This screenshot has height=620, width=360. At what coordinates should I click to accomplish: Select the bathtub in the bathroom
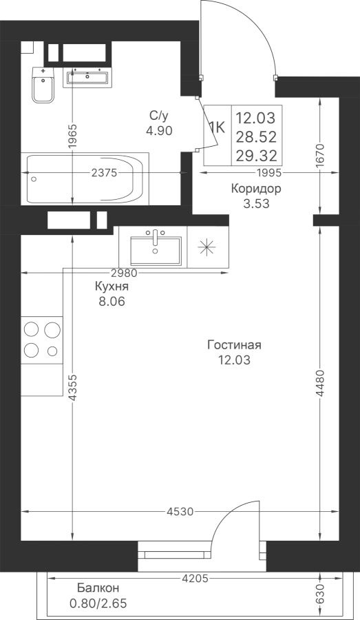(x=85, y=179)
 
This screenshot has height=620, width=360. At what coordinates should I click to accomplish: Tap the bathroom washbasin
(x=87, y=77)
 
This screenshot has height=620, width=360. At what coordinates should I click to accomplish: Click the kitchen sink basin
(x=156, y=250)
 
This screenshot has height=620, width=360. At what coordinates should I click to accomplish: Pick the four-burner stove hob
(x=42, y=340)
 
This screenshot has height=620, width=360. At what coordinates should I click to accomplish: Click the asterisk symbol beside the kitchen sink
(x=207, y=248)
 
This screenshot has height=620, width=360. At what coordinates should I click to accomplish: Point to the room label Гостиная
(x=234, y=345)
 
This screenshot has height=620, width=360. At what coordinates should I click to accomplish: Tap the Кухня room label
(x=112, y=287)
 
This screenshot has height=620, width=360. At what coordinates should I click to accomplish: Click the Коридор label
(x=256, y=189)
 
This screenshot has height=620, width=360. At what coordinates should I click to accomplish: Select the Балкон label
(x=98, y=588)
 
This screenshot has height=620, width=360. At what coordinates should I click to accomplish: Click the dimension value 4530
(x=180, y=512)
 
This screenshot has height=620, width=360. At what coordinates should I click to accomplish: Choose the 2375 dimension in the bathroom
(x=104, y=173)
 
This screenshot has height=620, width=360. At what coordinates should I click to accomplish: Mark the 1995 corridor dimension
(x=268, y=173)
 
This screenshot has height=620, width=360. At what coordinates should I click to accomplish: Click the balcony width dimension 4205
(x=195, y=579)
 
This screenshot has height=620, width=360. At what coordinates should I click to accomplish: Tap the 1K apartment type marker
(x=217, y=127)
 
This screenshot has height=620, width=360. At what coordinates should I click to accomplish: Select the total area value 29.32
(x=256, y=156)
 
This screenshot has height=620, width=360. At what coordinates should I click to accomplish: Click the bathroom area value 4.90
(x=159, y=130)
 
